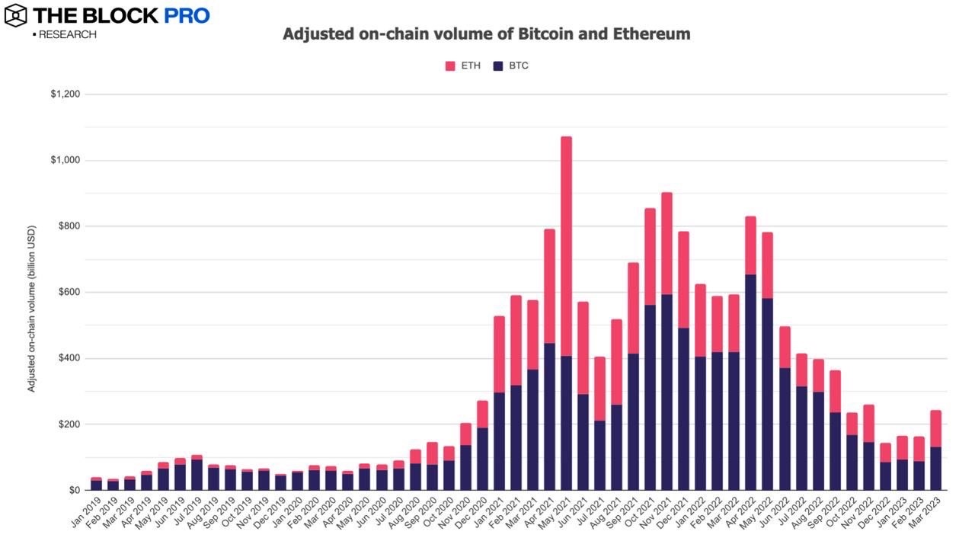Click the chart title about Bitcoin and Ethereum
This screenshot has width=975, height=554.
coord(487,34)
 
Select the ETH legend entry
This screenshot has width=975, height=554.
coord(462,66)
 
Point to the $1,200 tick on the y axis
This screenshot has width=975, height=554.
coord(66,94)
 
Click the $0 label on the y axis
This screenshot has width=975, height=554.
coord(75,490)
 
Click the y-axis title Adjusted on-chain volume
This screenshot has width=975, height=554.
coord(31,309)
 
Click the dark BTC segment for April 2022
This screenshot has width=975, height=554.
coord(750,382)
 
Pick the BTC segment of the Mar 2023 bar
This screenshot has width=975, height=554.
coord(935,468)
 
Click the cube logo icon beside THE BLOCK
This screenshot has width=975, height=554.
coord(15,14)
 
